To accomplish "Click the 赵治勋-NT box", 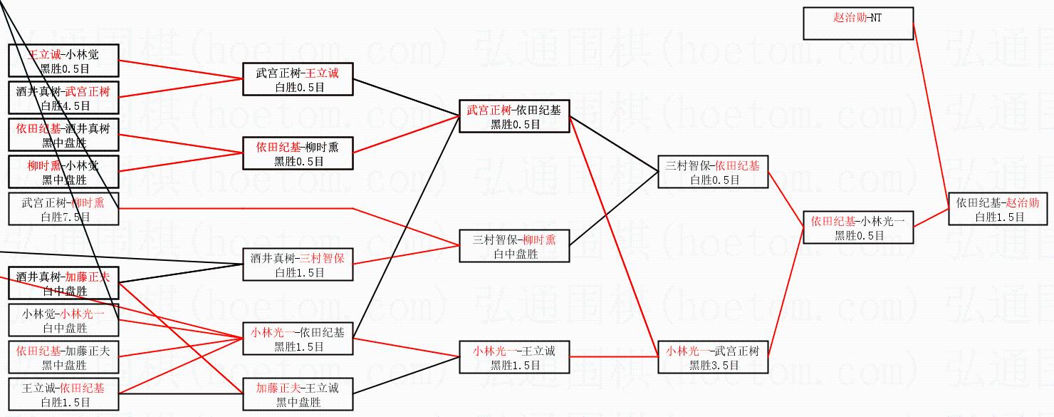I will point(857,23).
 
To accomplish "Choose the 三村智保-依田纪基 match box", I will point(713,173).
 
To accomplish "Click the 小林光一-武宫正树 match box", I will point(713,358).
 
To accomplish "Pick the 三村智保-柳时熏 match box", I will point(513,247).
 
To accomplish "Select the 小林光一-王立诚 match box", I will point(513,358).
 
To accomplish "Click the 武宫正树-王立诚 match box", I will point(298,80).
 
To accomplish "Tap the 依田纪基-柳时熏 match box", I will point(298,154).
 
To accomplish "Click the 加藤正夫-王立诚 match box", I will point(298,395).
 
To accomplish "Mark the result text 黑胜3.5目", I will point(713,366).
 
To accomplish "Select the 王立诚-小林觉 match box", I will point(63,61).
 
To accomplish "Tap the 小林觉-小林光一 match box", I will point(63,321).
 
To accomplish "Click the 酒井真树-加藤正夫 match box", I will point(63,284).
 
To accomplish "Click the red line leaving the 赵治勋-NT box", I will point(930,107).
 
